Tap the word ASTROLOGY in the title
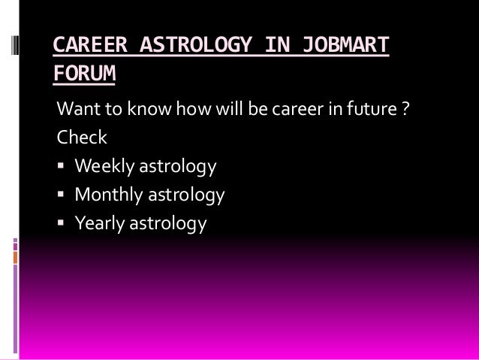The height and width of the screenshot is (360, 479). coord(197,47)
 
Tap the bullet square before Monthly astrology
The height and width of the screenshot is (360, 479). coord(62,195)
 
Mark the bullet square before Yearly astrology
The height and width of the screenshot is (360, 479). coord(62,223)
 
